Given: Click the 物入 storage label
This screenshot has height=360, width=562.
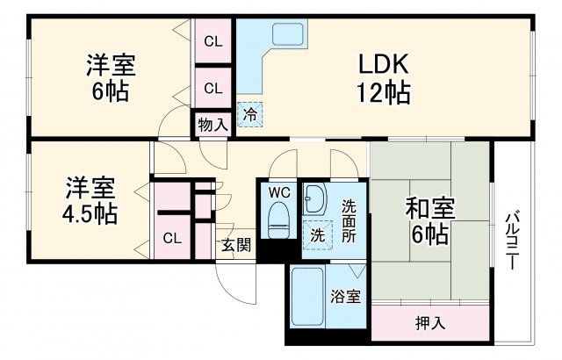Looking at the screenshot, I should pyautogui.click(x=213, y=124).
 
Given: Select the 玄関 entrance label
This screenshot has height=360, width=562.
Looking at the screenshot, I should pyautogui.click(x=235, y=245).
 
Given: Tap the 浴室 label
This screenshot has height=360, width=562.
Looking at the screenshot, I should pyautogui.click(x=345, y=297).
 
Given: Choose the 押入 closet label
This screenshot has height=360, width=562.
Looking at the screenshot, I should pyautogui.click(x=429, y=322).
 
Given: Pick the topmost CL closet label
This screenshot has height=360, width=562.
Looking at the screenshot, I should pyautogui.click(x=213, y=40).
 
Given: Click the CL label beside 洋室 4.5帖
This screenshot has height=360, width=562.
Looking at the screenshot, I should pyautogui.click(x=172, y=237).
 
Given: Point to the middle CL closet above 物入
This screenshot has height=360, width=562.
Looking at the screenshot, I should pyautogui.click(x=213, y=87).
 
